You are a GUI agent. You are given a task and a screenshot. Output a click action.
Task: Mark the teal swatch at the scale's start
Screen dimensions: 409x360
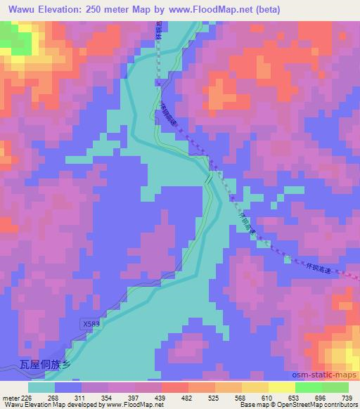pyautogui.click(x=41, y=387)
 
